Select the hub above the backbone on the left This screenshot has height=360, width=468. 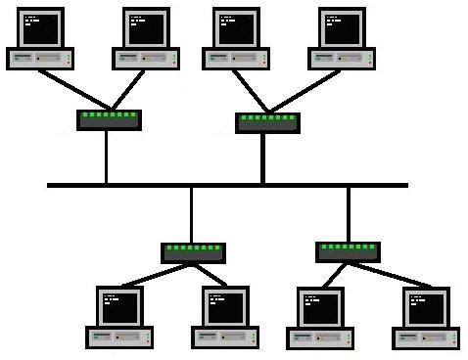[x=109, y=120]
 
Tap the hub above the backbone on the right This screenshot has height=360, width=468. [x=267, y=122]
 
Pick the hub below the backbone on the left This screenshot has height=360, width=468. [x=193, y=253]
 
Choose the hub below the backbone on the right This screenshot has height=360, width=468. [x=348, y=251]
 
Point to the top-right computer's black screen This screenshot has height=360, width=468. [x=342, y=28]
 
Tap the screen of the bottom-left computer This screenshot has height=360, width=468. [x=120, y=308]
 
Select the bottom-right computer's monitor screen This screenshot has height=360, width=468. [x=426, y=308]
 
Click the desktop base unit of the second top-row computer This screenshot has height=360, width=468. [x=146, y=59]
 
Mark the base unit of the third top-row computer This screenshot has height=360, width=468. [x=236, y=59]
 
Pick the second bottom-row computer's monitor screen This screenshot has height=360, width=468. [x=226, y=308]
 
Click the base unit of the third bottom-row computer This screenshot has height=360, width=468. [x=320, y=338]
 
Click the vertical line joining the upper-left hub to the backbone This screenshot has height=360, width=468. [x=107, y=157]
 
